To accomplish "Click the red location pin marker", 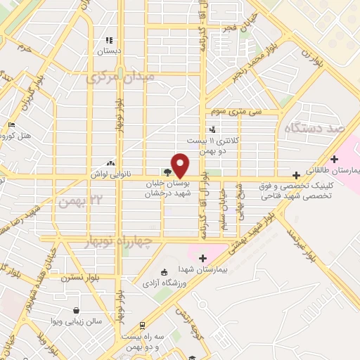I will click(180, 165).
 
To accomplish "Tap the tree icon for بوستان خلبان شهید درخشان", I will click(167, 172).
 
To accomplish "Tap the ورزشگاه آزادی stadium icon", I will click(164, 272).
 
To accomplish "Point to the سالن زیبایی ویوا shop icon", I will click(76, 309).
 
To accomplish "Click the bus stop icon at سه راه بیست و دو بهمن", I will click(142, 325).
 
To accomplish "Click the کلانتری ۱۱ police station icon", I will click(213, 129).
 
